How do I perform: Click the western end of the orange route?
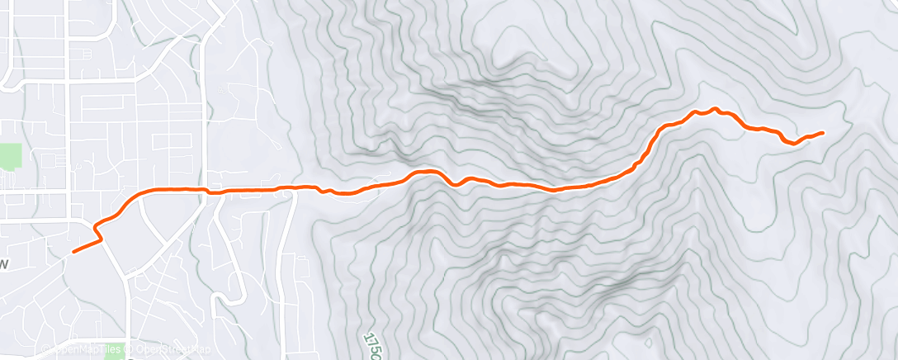click(x=74, y=252)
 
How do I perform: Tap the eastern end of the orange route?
click(x=823, y=132)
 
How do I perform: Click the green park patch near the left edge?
click(x=11, y=156)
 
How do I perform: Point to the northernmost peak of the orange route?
click(x=716, y=108)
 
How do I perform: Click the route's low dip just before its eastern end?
click(x=793, y=144)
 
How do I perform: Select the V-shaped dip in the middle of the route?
click(x=455, y=184)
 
